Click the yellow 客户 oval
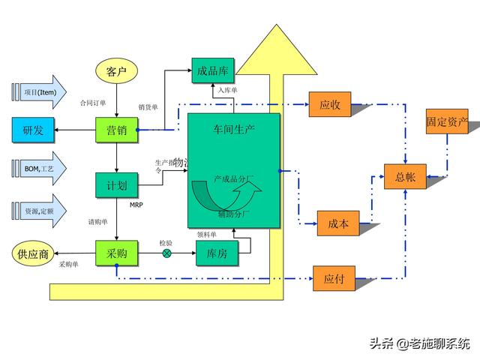[116, 72]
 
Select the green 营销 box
[116, 130]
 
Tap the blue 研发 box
[33, 130]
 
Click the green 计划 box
[116, 185]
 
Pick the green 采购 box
[116, 254]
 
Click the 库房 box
[217, 254]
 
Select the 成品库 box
[214, 71]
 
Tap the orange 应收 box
[330, 105]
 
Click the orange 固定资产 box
[447, 121]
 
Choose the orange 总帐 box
[405, 177]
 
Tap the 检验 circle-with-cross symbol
[166, 253]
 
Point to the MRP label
[136, 205]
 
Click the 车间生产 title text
[234, 129]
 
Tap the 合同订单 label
[94, 103]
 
